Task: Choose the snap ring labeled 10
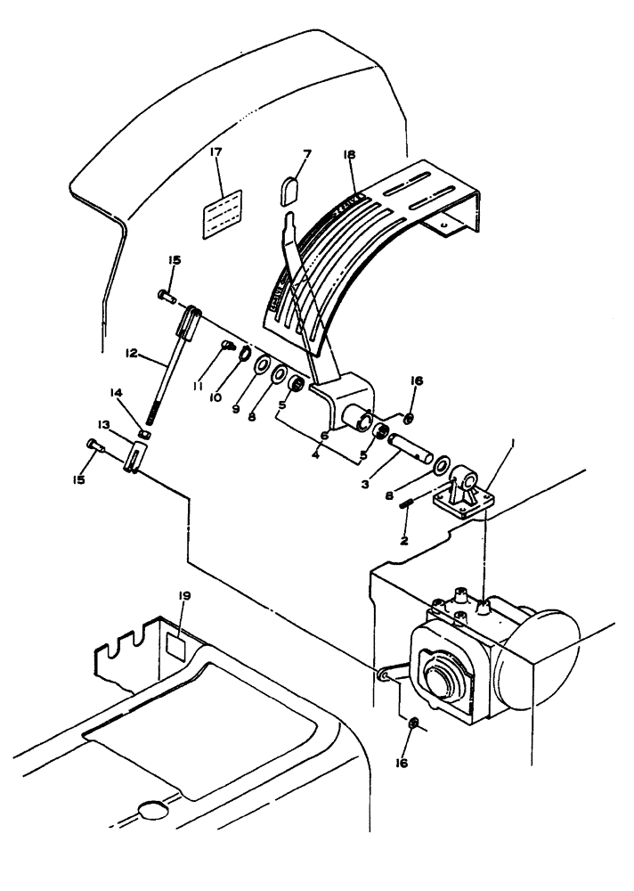pyautogui.click(x=243, y=356)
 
